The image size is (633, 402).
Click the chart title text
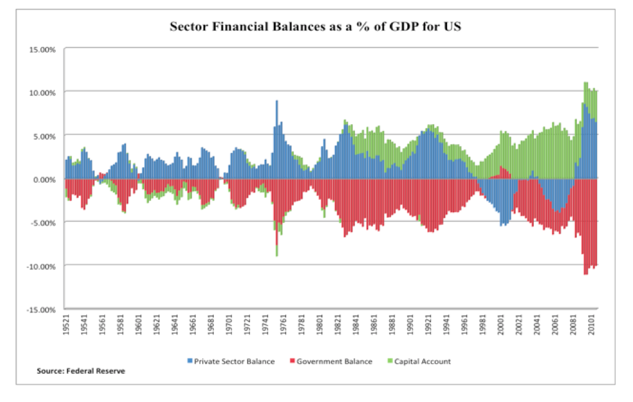click(316, 28)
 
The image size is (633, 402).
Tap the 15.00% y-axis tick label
click(42, 49)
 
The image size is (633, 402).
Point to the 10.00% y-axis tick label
click(42, 92)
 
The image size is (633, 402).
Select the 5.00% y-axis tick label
click(44, 135)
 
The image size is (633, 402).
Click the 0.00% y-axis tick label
click(44, 179)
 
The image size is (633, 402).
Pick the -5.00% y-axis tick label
click(43, 222)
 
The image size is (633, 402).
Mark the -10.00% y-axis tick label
click(41, 266)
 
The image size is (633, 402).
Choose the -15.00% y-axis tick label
click(41, 310)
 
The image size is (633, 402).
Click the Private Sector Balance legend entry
click(234, 361)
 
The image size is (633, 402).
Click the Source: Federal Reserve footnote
click(81, 371)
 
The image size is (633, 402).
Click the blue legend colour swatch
click(190, 361)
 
